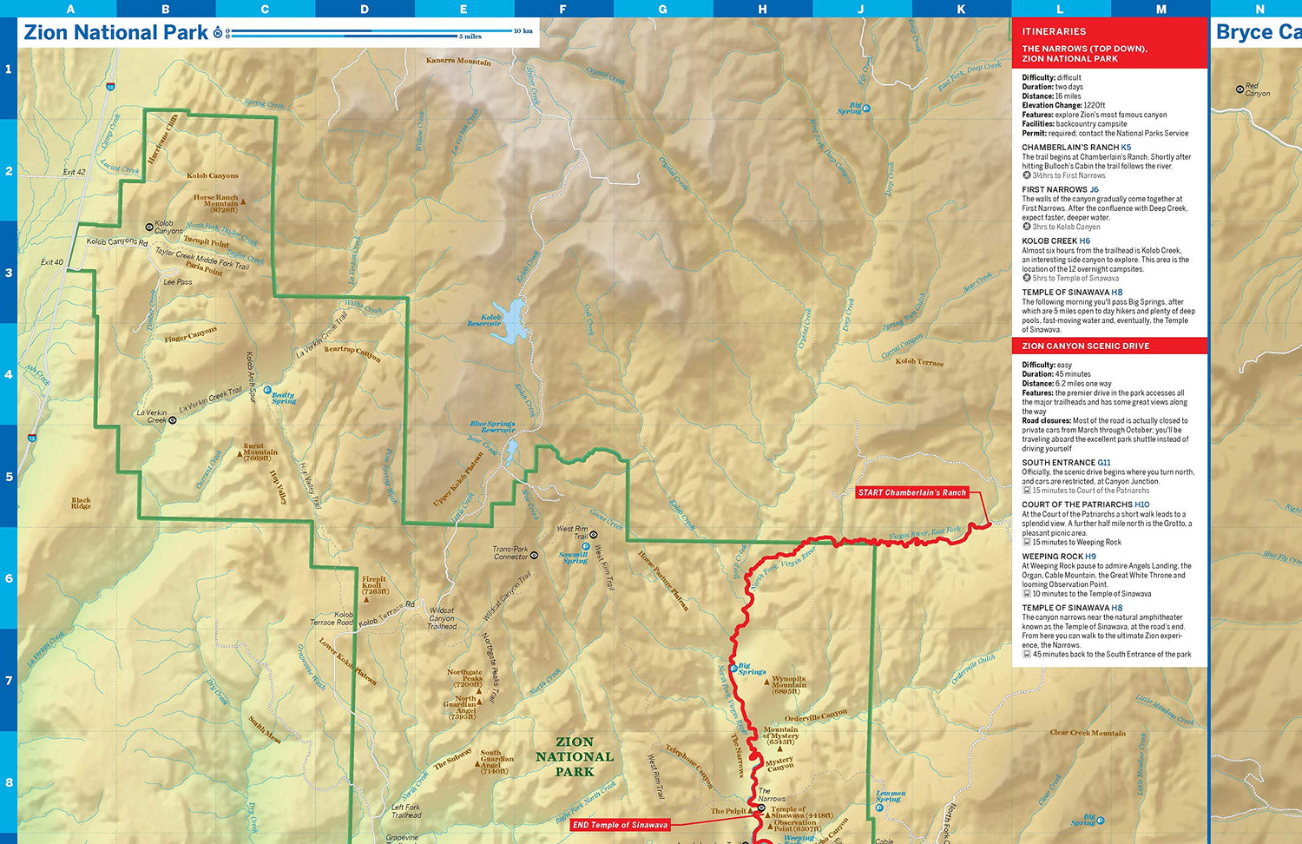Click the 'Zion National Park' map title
(x=115, y=33)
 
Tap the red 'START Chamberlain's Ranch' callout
(x=911, y=492)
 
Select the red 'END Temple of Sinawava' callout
(x=620, y=825)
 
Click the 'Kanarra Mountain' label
(x=458, y=62)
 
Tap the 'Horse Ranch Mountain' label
(x=215, y=203)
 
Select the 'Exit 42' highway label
(x=75, y=172)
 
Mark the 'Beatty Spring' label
(x=283, y=398)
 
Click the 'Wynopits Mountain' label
(x=788, y=685)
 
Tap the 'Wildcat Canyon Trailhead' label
(x=442, y=618)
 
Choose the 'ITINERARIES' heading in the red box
(x=1054, y=31)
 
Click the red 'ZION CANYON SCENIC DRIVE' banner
(x=1085, y=346)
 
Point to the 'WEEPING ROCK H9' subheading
(x=1059, y=557)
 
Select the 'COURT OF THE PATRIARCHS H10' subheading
(x=1085, y=504)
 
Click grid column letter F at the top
(x=562, y=9)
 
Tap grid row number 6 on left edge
(x=9, y=578)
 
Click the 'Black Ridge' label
(x=81, y=503)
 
